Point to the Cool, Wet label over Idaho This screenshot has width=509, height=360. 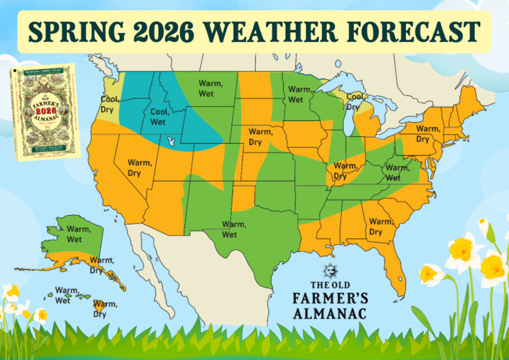158,117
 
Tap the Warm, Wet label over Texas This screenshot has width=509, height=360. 234,229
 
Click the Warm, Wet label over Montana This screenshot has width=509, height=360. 206,89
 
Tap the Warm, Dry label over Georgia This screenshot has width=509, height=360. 381,227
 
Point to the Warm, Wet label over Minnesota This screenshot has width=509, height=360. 299,94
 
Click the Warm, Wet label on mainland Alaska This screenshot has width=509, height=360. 79,234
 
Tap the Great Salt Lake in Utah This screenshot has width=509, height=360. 171,142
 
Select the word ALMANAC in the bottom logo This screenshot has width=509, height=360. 330,312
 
